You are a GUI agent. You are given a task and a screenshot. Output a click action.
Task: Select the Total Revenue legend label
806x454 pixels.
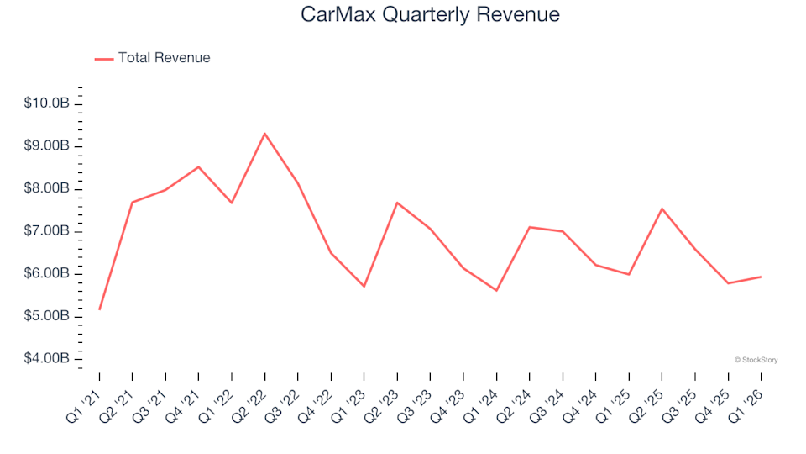tap(164, 58)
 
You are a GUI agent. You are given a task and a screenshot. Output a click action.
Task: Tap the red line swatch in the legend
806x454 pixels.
tap(104, 59)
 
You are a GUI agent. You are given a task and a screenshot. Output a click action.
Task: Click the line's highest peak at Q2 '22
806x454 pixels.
tap(264, 133)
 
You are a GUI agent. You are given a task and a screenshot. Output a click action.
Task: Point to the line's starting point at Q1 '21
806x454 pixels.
tap(99, 309)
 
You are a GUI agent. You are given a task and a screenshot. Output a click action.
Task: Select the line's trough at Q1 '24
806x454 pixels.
tap(496, 291)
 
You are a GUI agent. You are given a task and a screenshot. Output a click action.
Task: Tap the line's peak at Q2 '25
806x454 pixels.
tap(662, 209)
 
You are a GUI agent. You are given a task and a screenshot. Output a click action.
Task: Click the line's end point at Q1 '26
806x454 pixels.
tap(761, 277)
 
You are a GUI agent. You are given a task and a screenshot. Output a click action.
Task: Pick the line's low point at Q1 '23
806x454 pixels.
tap(364, 287)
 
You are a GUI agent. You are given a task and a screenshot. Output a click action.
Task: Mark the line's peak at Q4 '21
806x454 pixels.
tap(198, 166)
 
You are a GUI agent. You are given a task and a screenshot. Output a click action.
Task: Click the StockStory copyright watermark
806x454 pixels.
tap(756, 360)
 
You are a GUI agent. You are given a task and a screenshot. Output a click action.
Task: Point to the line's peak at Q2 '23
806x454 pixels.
tap(397, 203)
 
